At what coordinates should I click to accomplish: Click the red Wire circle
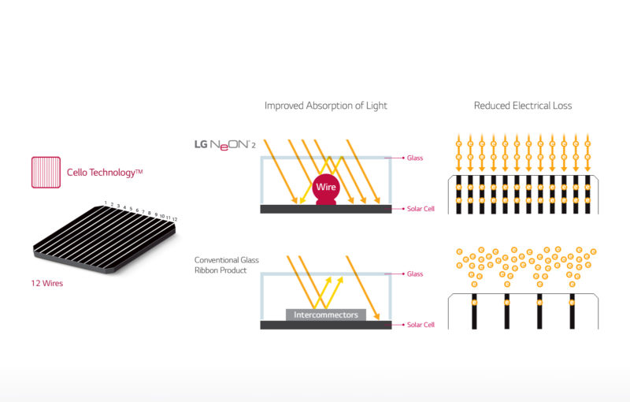pyautogui.click(x=326, y=187)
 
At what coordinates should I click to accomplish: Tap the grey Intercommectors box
pyautogui.click(x=326, y=315)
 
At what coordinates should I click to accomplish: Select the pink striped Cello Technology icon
pyautogui.click(x=46, y=173)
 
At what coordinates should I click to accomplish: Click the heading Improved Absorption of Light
pyautogui.click(x=326, y=106)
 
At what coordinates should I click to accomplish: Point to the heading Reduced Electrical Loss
pyautogui.click(x=523, y=106)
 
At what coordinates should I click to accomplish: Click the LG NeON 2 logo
pyautogui.click(x=225, y=145)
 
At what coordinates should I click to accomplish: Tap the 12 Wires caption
pyautogui.click(x=47, y=283)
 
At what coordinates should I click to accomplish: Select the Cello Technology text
pyautogui.click(x=105, y=173)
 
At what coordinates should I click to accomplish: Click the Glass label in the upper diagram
pyautogui.click(x=415, y=158)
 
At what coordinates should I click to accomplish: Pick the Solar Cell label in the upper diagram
pyautogui.click(x=421, y=209)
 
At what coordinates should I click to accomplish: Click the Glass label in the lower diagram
pyautogui.click(x=415, y=274)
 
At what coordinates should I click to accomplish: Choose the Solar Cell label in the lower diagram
pyautogui.click(x=421, y=325)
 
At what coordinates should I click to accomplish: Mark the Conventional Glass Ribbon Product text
pyautogui.click(x=227, y=265)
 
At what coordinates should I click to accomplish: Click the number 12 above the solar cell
pyautogui.click(x=175, y=219)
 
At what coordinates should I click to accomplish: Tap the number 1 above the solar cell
pyautogui.click(x=106, y=203)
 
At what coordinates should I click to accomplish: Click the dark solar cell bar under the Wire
pyautogui.click(x=326, y=209)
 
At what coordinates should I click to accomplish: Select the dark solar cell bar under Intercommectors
pyautogui.click(x=326, y=325)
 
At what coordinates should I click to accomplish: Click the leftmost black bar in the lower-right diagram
pyautogui.click(x=474, y=311)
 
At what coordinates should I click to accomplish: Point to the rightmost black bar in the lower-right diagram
pyautogui.click(x=573, y=311)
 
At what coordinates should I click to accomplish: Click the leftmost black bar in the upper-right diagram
pyautogui.click(x=458, y=195)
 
